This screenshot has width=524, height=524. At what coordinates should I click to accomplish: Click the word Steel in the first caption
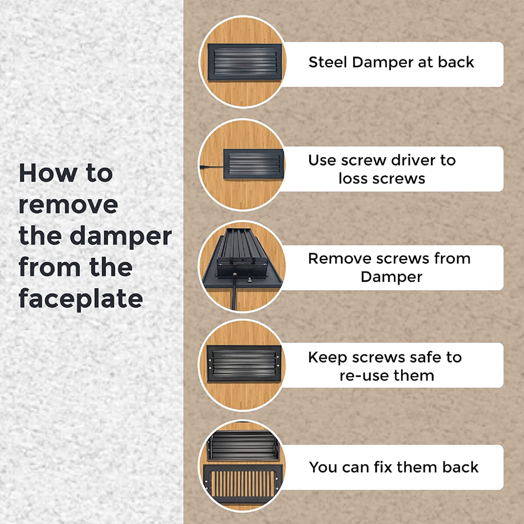click(328, 62)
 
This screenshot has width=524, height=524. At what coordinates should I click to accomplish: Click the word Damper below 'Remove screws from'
click(391, 277)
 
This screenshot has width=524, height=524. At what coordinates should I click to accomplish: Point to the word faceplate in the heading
click(81, 299)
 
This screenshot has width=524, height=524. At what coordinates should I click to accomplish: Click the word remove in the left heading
click(68, 205)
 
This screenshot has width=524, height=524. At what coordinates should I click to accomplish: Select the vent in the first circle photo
click(245, 62)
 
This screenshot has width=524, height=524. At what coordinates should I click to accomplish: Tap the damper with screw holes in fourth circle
click(244, 364)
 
